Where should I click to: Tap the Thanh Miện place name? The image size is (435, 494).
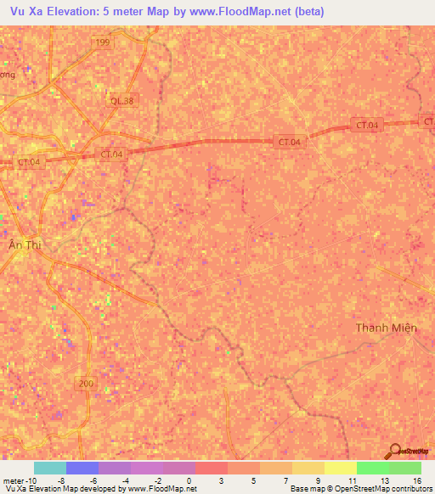click(386, 328)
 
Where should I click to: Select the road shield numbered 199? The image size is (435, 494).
click(103, 43)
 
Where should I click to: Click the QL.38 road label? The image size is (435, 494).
click(122, 100)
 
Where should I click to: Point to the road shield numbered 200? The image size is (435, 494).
click(84, 384)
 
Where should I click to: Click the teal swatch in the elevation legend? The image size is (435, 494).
click(49, 468)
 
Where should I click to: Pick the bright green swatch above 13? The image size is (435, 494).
click(372, 468)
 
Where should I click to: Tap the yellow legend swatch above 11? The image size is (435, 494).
click(340, 468)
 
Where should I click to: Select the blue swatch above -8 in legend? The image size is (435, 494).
click(82, 468)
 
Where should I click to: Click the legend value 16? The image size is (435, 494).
click(416, 480)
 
